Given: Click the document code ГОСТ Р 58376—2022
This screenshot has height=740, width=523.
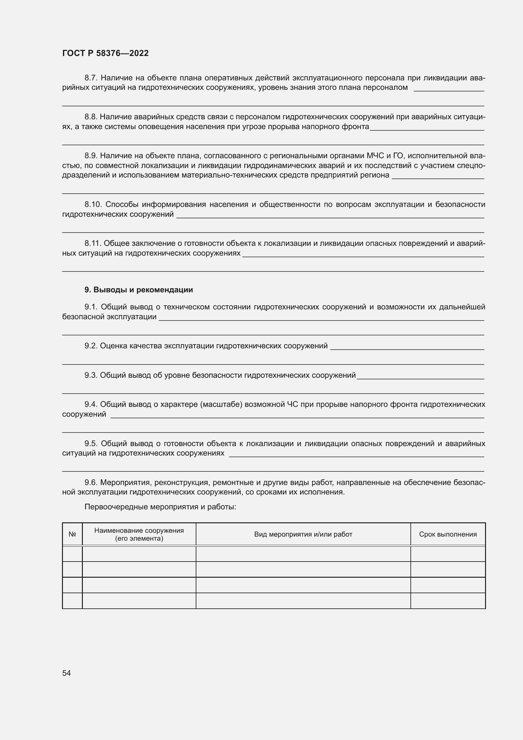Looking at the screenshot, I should (x=105, y=53).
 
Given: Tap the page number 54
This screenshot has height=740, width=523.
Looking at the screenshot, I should (x=66, y=673).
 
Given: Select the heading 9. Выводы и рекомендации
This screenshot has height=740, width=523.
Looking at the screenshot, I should (x=138, y=290).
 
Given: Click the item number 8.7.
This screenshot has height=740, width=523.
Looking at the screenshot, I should (x=91, y=78).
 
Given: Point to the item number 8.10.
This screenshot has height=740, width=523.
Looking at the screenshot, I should (x=93, y=204).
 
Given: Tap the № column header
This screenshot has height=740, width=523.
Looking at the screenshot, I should (x=72, y=534).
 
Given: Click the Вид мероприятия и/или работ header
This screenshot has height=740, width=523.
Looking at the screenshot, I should (x=303, y=534).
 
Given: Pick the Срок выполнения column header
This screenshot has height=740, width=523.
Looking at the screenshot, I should (x=448, y=534).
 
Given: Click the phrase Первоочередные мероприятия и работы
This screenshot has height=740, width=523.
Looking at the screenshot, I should (x=160, y=507).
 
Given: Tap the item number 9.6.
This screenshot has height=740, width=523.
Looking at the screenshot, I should (x=91, y=482).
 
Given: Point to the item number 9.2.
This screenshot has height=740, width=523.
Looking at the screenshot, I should (x=91, y=346).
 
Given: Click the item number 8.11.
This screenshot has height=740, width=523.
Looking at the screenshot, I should (x=93, y=243).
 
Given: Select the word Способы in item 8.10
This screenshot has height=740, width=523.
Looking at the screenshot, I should (x=122, y=204).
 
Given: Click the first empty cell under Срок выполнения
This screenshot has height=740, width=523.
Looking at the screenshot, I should (x=448, y=554).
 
